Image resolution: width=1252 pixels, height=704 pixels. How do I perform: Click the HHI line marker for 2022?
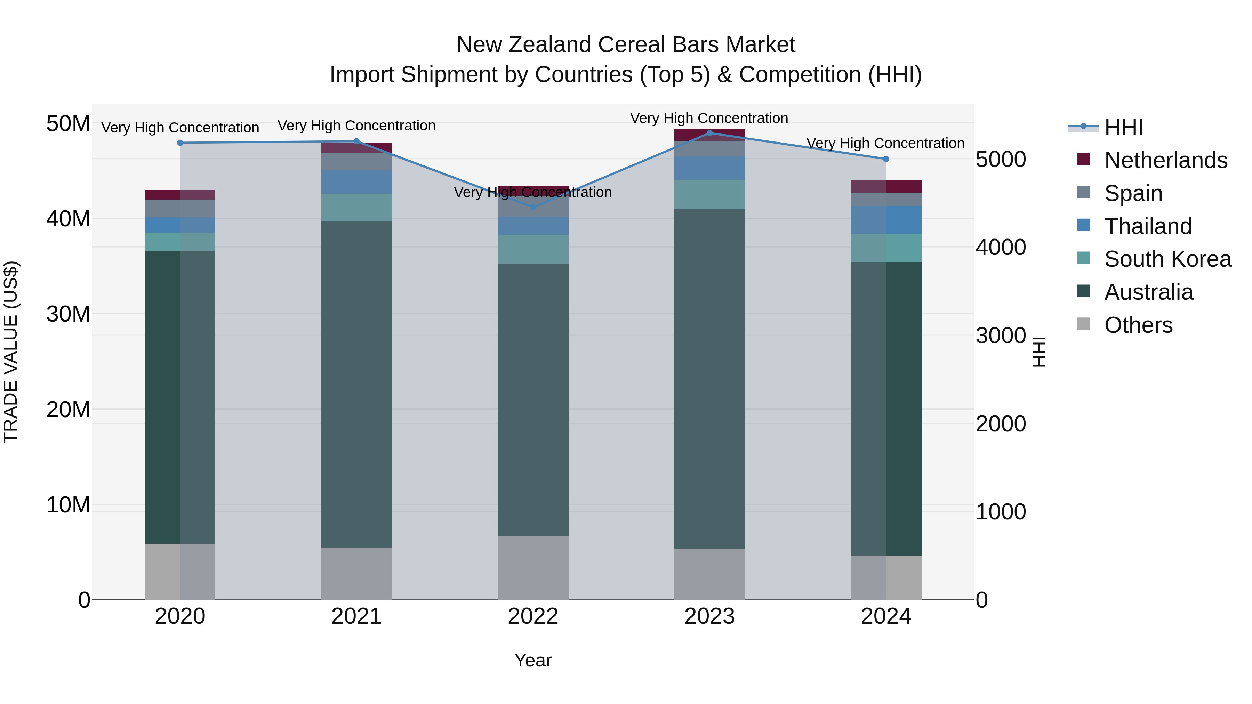pyautogui.click(x=533, y=207)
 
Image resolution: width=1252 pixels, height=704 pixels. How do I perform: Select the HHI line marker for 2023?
pyautogui.click(x=709, y=133)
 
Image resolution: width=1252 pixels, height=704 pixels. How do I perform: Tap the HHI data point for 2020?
pyautogui.click(x=180, y=143)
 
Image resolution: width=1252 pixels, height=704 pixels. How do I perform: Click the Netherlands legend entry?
pyautogui.click(x=1165, y=160)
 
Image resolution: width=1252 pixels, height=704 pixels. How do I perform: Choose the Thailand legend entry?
pyautogui.click(x=1148, y=226)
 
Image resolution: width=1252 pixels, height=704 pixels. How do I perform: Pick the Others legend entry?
pyautogui.click(x=1138, y=325)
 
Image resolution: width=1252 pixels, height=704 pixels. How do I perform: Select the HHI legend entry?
pyautogui.click(x=1123, y=127)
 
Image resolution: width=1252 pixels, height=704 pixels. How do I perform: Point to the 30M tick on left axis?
pyautogui.click(x=68, y=314)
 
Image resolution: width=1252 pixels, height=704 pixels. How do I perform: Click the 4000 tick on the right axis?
pyautogui.click(x=1000, y=247)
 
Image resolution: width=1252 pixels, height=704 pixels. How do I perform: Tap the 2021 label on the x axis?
pyautogui.click(x=356, y=616)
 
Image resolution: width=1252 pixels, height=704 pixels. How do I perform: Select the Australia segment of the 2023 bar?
pyautogui.click(x=709, y=379)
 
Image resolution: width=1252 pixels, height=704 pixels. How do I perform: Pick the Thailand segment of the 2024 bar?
pyautogui.click(x=886, y=220)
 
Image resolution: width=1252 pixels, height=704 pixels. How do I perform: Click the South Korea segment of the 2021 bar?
pyautogui.click(x=356, y=208)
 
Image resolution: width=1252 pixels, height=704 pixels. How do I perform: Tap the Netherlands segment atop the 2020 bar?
pyautogui.click(x=180, y=194)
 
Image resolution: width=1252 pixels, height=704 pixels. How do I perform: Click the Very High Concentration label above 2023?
pyautogui.click(x=709, y=118)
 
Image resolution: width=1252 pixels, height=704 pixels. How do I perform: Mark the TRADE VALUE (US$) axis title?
pyautogui.click(x=11, y=352)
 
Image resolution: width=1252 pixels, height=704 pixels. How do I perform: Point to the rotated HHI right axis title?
pyautogui.click(x=1038, y=352)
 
